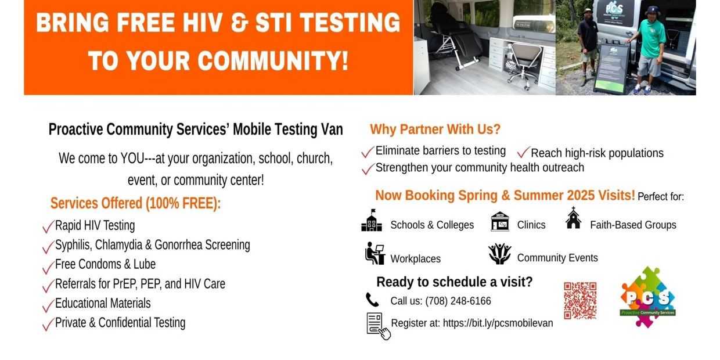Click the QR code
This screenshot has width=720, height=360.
[x=580, y=301]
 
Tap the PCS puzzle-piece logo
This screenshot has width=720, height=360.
[x=647, y=297]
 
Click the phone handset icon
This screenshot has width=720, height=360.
[x=372, y=300]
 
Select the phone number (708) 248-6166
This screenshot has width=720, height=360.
[x=458, y=301]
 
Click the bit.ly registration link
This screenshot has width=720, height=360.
[x=498, y=323]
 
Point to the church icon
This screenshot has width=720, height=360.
[x=574, y=218]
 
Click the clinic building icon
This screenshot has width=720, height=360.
[x=500, y=221]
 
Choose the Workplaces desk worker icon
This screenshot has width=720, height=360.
[x=375, y=254]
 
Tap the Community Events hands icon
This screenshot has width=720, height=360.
[x=499, y=254]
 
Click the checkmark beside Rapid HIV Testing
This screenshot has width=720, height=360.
[x=48, y=226]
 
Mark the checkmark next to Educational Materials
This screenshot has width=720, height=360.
[x=48, y=305]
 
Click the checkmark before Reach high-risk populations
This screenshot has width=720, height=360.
[x=523, y=152]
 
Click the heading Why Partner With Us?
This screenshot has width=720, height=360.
[x=435, y=129]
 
